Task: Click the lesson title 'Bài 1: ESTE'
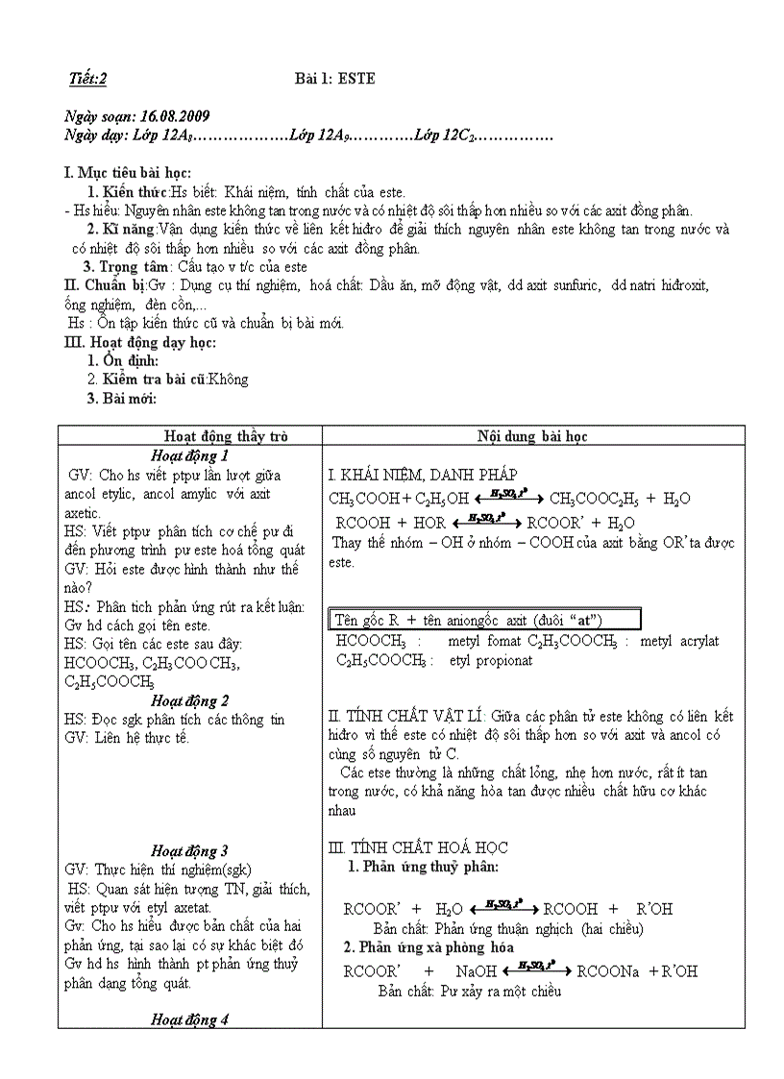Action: pyautogui.click(x=334, y=79)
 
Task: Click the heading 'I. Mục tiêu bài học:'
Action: pyautogui.click(x=128, y=173)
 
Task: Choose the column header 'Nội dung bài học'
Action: pyautogui.click(x=532, y=436)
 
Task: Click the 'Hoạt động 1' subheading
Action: pyautogui.click(x=190, y=455)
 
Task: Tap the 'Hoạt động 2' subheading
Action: pyautogui.click(x=190, y=700)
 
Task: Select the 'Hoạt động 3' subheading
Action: pyautogui.click(x=190, y=849)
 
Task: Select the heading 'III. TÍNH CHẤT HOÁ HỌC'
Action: pyautogui.click(x=418, y=847)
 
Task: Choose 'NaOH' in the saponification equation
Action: pyautogui.click(x=477, y=971)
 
